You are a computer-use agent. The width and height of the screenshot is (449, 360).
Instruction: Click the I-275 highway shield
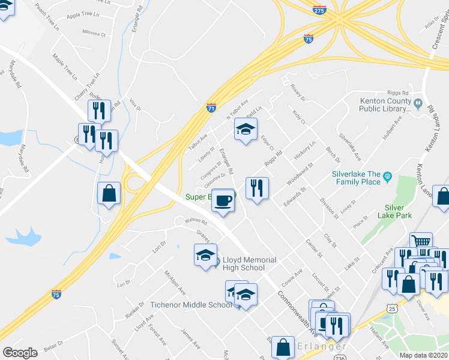tap(319, 10)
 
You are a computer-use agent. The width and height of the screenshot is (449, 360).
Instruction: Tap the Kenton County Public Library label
tap(385, 105)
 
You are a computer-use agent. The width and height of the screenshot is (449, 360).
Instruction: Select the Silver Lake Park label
tap(394, 211)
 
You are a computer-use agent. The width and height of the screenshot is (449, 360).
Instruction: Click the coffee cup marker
tap(223, 200)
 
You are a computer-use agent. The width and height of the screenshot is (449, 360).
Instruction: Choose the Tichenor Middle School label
tap(191, 305)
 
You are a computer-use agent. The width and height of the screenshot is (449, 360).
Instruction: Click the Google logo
tap(20, 353)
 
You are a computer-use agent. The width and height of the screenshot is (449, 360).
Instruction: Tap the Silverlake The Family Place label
tap(356, 178)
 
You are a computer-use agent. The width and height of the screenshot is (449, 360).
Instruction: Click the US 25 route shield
tap(391, 308)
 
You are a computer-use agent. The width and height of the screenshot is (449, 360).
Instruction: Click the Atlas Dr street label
tap(432, 23)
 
